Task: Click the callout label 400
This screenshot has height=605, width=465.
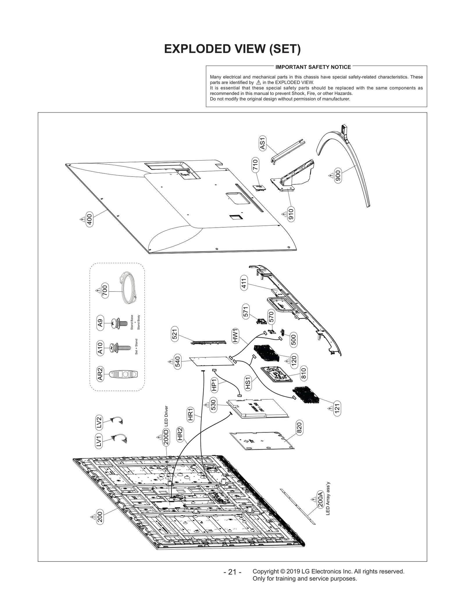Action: [x=90, y=219]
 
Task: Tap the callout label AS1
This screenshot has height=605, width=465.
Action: [x=263, y=144]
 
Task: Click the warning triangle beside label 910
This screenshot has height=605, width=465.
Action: [x=284, y=214]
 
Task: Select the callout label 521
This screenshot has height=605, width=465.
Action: [x=175, y=334]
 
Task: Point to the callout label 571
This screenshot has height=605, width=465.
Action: [x=246, y=312]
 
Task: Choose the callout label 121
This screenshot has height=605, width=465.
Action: [x=337, y=408]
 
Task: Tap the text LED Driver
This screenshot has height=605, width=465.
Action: [x=166, y=416]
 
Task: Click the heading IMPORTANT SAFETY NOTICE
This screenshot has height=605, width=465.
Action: [x=313, y=67]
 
